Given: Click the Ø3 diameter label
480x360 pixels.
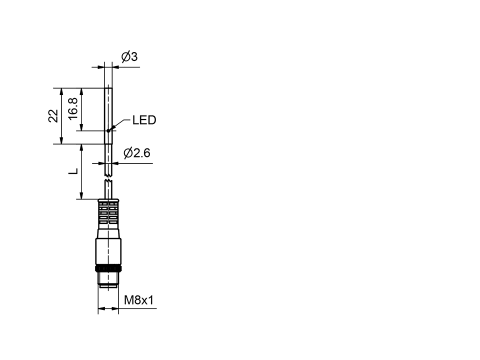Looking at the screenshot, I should [129, 57].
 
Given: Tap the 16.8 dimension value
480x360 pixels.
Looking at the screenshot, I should [73, 108].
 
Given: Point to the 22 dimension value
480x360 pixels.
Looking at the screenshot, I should [53, 116].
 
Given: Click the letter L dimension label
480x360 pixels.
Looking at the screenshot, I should [73, 171].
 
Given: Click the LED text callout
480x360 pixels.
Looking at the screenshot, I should [144, 120].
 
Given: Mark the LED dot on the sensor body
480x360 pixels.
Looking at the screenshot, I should [108, 131].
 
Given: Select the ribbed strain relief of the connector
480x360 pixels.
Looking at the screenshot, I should [108, 212].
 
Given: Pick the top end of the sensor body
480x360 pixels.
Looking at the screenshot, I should [108, 89].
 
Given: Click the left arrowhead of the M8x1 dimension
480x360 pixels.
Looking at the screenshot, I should [100, 308].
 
